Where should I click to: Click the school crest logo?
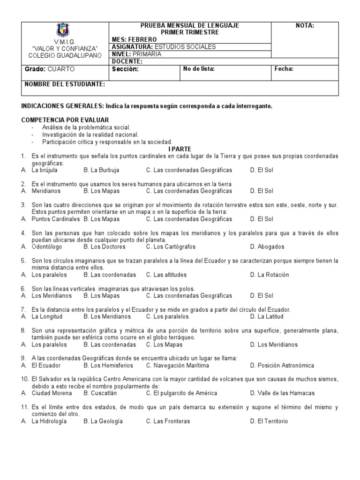64,30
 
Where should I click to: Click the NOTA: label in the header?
305,26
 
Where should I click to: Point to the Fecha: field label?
284,69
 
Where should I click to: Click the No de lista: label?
199,69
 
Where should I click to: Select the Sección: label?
126,69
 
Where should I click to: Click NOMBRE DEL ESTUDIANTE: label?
65,84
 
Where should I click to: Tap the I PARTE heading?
180,149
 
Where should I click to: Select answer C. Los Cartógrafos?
171,247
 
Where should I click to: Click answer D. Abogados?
267,247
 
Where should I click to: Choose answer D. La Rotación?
270,275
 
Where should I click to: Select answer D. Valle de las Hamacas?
282,393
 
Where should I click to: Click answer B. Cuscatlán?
103,393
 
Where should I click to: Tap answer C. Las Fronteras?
168,421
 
